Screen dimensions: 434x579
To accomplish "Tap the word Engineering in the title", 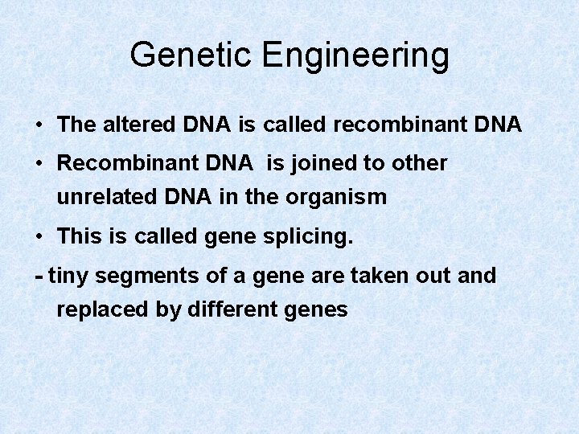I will tap(355, 56).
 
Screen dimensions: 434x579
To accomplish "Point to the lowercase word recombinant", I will tap(403, 125).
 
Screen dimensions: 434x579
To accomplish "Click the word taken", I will tap(378, 276).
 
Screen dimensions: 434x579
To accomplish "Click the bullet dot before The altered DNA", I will tap(39, 125).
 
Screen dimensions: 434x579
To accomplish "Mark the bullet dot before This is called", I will tap(39, 237).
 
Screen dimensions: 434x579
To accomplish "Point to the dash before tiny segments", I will tap(39, 276).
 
